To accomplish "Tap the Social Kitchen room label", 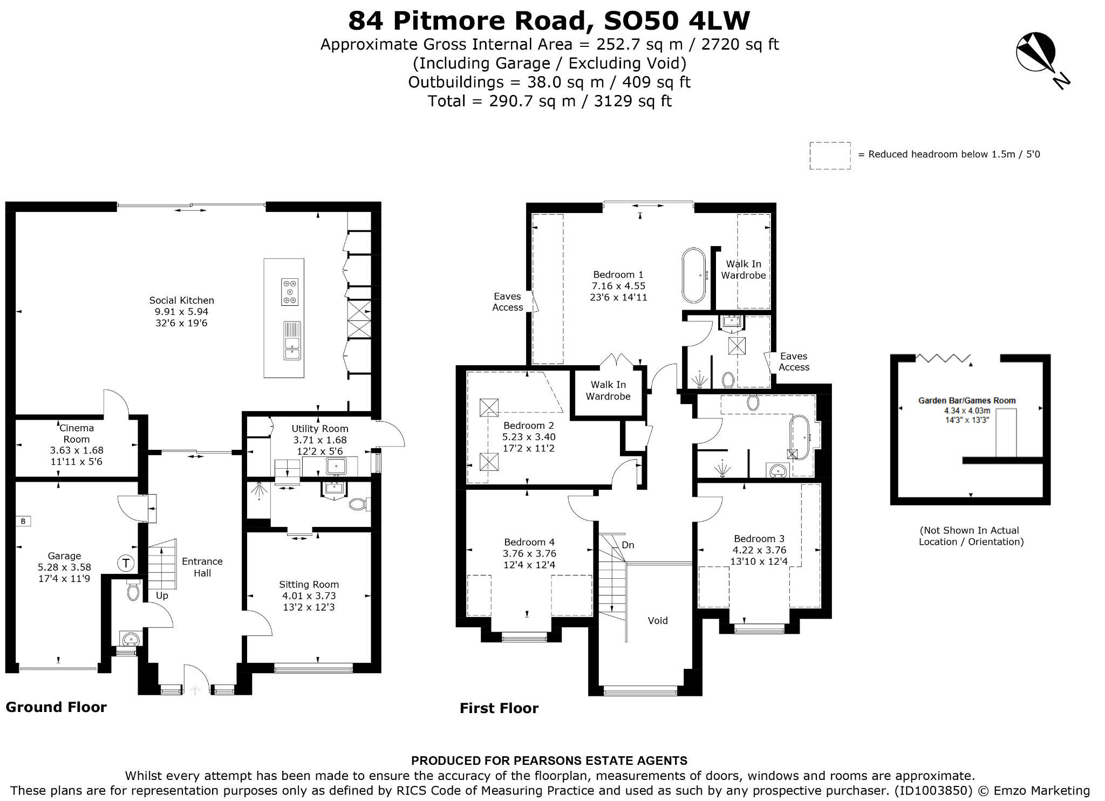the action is click(x=182, y=300).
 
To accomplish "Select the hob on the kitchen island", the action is click(x=290, y=292).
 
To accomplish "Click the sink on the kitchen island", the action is click(x=292, y=341).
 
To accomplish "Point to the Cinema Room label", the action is click(x=77, y=433).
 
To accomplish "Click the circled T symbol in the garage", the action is click(x=126, y=564).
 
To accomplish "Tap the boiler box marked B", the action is click(x=23, y=521).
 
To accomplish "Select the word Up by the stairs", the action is click(x=162, y=596).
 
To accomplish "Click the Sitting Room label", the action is click(x=309, y=584).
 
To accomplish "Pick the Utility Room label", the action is click(x=320, y=428).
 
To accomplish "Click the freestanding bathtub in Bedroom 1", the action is click(x=694, y=276).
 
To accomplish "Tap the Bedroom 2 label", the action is click(x=529, y=426).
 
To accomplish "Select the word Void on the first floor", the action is click(x=658, y=620).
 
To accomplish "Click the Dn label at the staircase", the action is click(x=628, y=545).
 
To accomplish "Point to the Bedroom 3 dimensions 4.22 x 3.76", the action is click(x=759, y=550).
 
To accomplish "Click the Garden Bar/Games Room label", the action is click(x=967, y=400).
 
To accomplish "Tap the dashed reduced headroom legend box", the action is click(x=830, y=156).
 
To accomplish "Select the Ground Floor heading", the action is click(x=56, y=707).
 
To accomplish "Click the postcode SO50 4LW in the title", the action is click(x=677, y=20).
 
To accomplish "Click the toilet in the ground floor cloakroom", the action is click(x=133, y=590).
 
